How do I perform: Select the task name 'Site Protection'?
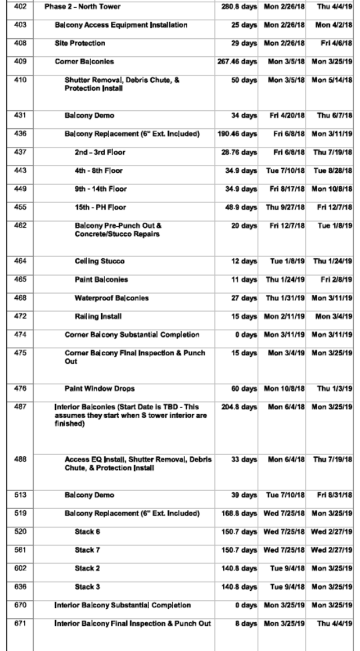[79, 43]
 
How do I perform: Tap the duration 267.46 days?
[237, 61]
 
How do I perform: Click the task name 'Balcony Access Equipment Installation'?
[121, 25]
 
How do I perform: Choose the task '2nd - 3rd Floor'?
[100, 152]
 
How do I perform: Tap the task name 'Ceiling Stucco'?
[100, 262]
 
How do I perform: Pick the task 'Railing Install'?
[98, 316]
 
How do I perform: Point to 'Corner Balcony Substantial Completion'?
[132, 335]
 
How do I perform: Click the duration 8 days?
[246, 623]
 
